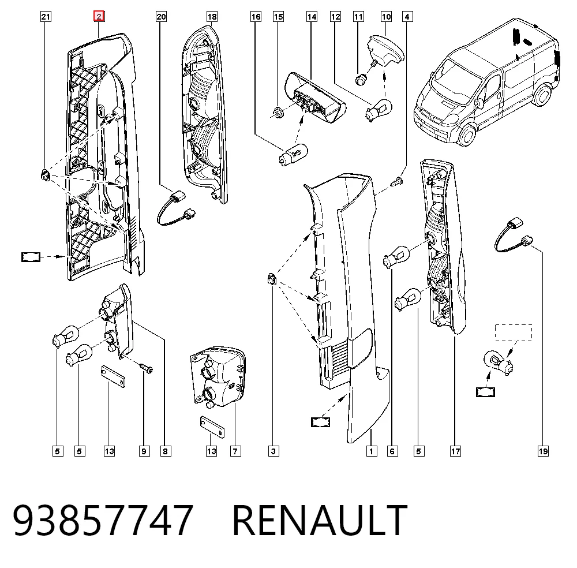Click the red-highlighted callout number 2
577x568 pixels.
(x=99, y=17)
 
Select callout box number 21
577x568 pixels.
(x=46, y=17)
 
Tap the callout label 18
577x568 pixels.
(x=212, y=17)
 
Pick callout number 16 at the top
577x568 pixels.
(x=256, y=17)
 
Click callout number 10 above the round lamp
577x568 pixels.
(x=386, y=17)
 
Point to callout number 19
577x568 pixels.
(x=543, y=451)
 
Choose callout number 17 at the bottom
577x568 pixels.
(x=455, y=451)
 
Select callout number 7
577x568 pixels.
(x=235, y=451)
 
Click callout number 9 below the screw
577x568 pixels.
(x=144, y=451)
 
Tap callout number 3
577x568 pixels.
(x=273, y=451)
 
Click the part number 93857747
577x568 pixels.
(x=103, y=520)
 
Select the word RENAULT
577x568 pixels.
(x=320, y=520)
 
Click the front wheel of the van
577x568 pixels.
(x=467, y=134)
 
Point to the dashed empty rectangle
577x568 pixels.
(x=514, y=332)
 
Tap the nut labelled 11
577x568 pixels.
(x=360, y=79)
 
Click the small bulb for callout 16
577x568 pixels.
(x=293, y=155)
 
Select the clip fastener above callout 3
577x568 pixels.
(x=272, y=279)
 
